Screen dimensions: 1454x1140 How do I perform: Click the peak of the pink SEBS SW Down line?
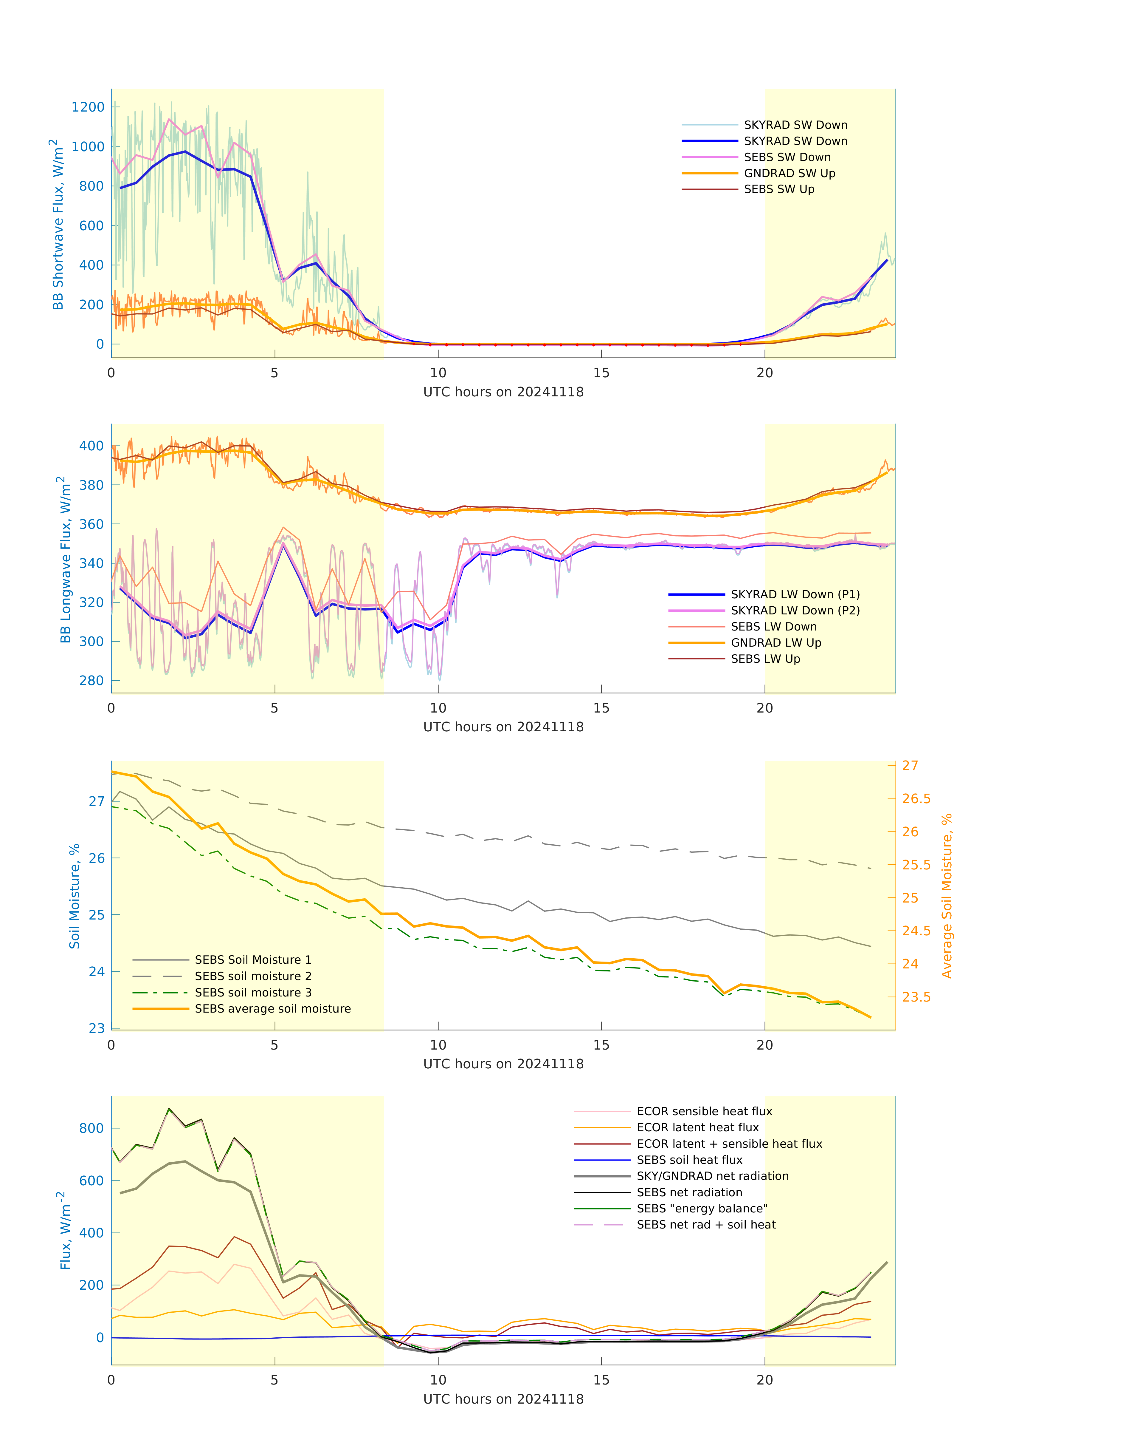pos(170,120)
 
